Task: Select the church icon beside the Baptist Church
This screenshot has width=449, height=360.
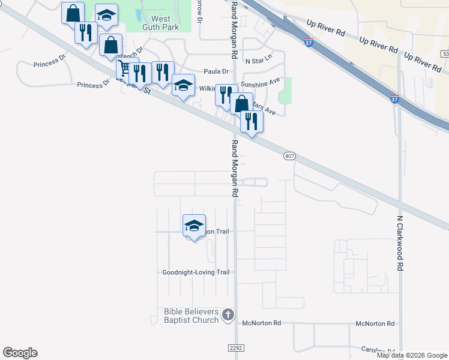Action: point(228,314)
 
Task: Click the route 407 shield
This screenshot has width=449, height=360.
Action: point(289,156)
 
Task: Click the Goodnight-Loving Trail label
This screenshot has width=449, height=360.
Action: point(196,272)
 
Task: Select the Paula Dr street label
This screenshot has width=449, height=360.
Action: point(217,71)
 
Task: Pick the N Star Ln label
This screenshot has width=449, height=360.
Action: point(258,61)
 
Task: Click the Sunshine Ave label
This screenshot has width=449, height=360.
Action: point(261,85)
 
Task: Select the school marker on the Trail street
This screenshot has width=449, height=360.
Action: point(194,226)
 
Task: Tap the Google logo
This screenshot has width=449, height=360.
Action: point(20,353)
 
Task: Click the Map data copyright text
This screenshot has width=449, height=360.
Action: point(412,355)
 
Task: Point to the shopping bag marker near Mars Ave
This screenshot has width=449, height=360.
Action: point(241,103)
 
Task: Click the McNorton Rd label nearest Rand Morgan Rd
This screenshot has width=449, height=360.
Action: point(262,323)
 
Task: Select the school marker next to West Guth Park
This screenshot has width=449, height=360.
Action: point(106,16)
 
